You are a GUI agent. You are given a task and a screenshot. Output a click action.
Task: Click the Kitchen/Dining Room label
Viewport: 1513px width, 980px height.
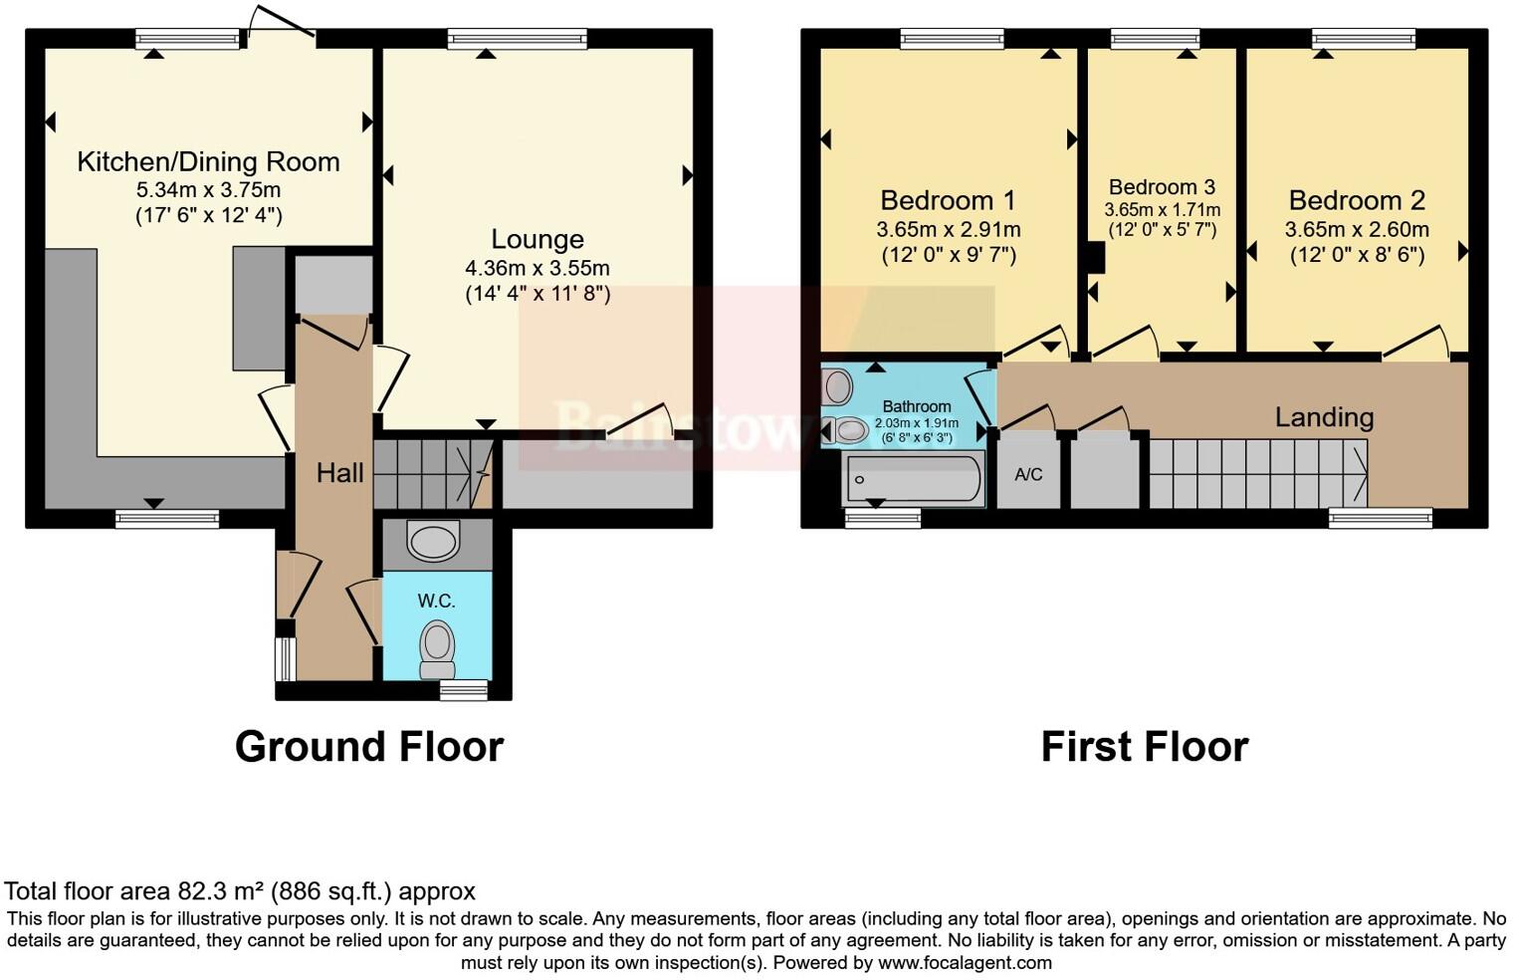point(208,161)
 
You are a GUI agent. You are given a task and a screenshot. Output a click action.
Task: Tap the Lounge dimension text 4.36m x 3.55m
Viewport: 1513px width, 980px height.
point(537,268)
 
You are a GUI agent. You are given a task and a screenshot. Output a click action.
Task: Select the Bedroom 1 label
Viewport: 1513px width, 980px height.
point(948,200)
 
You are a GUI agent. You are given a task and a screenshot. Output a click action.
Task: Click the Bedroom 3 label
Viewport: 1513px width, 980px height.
point(1162,187)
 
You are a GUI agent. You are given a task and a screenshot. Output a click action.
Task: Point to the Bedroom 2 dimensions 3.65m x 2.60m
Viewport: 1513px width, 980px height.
point(1357,229)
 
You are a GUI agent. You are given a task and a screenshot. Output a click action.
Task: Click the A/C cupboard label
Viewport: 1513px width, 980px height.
point(1028,474)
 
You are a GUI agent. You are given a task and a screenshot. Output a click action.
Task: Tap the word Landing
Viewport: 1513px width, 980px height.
point(1324,417)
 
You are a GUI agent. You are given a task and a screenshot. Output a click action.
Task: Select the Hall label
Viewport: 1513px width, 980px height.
point(339,473)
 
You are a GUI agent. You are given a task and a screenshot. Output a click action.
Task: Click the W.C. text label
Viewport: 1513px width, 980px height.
point(436,601)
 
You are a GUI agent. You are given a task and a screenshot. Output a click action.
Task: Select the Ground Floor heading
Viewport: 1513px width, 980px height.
point(369,746)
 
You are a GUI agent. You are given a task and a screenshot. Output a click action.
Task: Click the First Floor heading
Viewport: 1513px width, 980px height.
point(1144,746)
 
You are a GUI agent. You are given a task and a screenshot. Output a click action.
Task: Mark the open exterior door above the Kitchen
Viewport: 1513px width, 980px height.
point(282,27)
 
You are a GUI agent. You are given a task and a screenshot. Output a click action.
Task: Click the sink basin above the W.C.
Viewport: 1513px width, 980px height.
point(435,543)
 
